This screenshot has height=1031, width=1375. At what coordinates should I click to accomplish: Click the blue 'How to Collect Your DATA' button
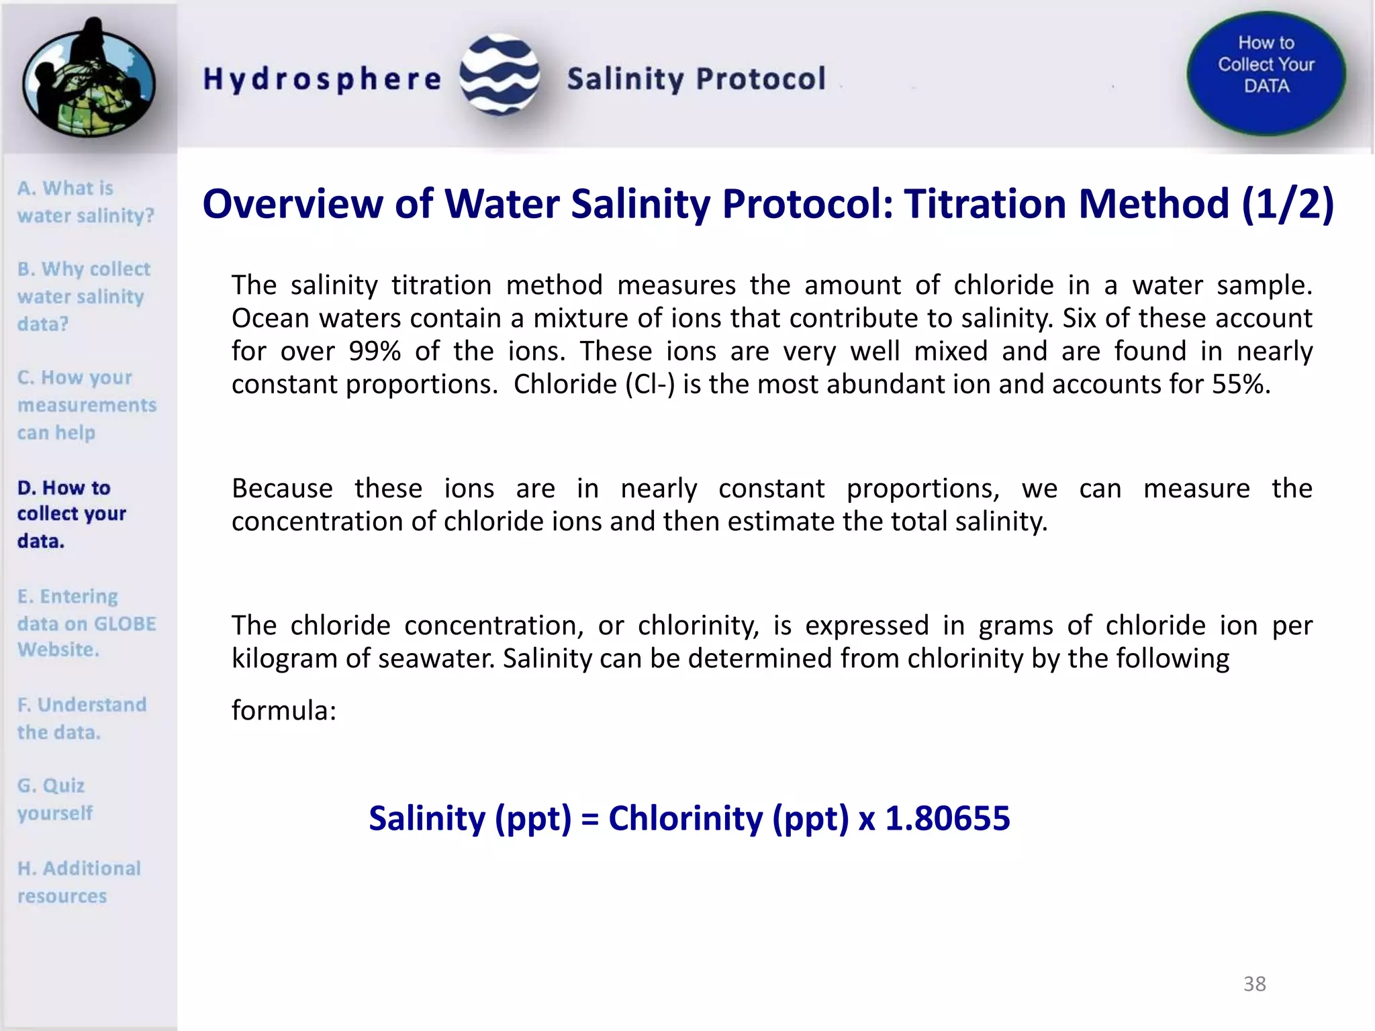[1266, 72]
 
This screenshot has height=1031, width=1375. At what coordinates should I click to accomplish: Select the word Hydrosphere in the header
[322, 79]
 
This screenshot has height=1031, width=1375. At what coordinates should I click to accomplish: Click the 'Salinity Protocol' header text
[696, 79]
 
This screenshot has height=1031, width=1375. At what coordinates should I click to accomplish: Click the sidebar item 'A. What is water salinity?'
[85, 201]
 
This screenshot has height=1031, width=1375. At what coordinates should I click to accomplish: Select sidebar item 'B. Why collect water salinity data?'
[83, 296]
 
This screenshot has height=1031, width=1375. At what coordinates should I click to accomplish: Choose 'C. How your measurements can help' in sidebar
[86, 405]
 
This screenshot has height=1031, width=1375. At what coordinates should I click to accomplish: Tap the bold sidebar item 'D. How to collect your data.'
[71, 513]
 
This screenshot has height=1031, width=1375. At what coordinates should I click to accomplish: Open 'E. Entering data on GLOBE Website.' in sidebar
[86, 623]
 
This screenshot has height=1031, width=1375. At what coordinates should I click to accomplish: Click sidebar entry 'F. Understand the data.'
[81, 718]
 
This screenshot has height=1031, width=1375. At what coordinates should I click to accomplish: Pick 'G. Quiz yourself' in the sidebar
[54, 799]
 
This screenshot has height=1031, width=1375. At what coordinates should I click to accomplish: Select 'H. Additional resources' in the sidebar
[79, 882]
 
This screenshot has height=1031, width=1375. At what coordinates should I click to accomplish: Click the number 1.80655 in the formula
[947, 818]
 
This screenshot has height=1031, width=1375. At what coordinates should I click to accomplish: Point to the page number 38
[1254, 984]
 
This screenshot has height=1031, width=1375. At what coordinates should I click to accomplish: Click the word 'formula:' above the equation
[283, 710]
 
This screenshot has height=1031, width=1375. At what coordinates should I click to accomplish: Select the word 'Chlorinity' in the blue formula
[685, 818]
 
